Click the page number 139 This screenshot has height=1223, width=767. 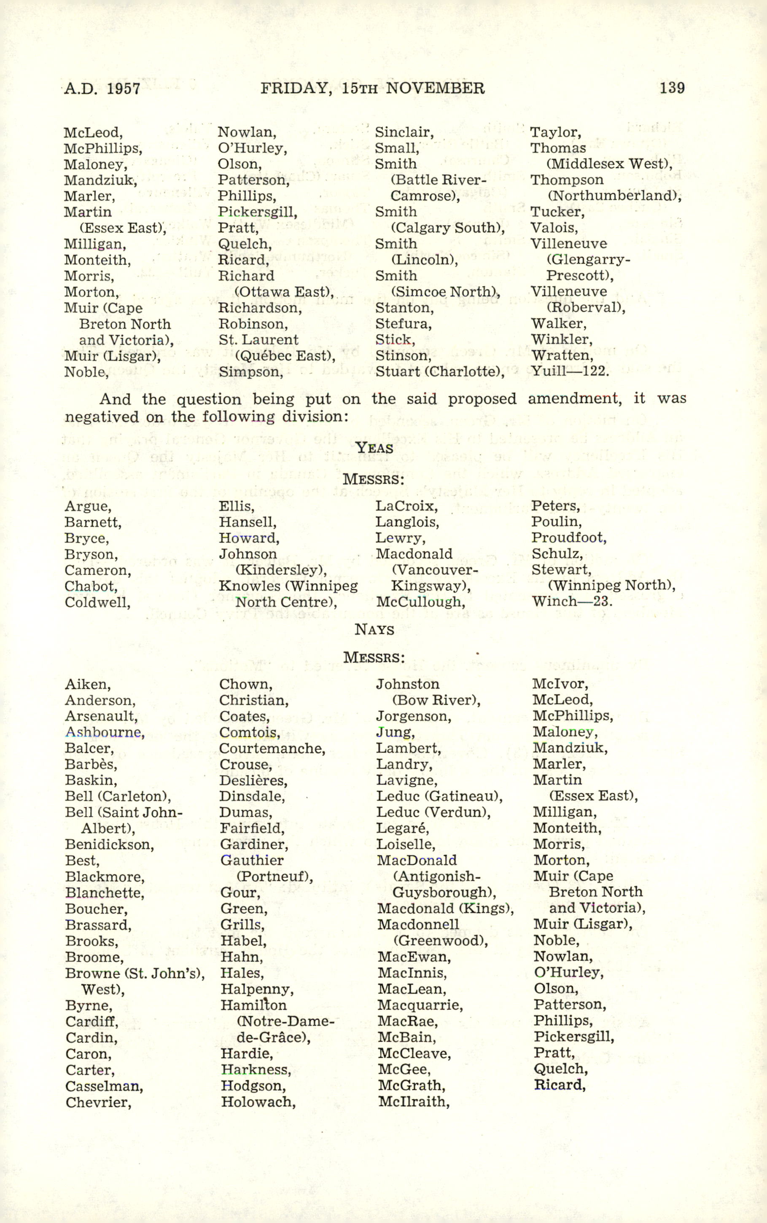(672, 88)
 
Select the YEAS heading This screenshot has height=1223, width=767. (374, 448)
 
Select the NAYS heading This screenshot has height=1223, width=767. (374, 630)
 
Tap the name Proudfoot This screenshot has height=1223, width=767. (569, 538)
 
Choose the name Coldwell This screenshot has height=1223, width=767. (97, 602)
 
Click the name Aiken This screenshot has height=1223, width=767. (88, 685)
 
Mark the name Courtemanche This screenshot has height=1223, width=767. (272, 748)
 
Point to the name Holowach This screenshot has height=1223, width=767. (258, 1102)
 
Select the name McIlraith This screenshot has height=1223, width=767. (413, 1102)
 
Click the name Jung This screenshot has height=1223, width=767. (395, 732)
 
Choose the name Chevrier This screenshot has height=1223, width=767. (98, 1102)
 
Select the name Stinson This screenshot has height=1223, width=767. (403, 355)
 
